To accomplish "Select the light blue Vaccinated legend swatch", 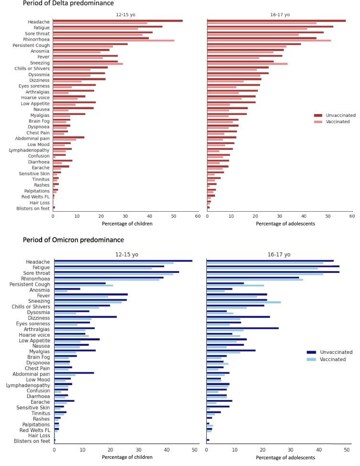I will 311,359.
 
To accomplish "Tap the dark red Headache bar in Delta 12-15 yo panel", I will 118,21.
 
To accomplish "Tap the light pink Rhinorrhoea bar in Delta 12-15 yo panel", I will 113,41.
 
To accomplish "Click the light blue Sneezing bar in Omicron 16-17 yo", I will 243,302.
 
